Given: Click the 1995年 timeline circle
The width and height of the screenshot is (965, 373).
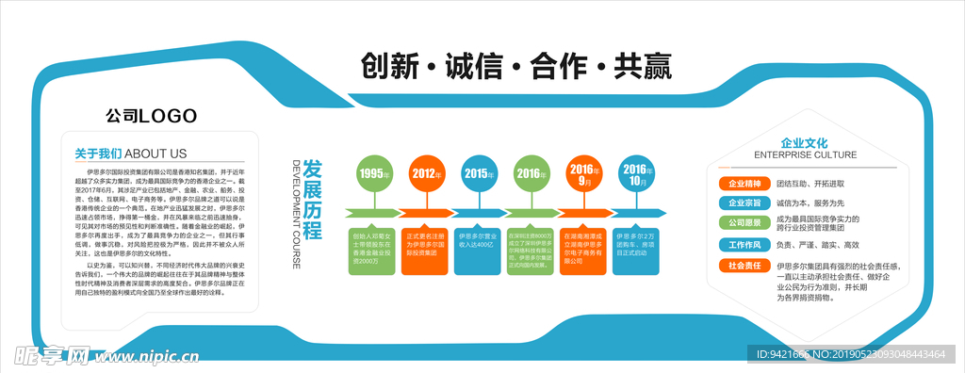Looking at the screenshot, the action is click(x=374, y=173).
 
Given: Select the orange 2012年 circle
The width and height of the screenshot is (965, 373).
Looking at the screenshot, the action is click(x=427, y=173).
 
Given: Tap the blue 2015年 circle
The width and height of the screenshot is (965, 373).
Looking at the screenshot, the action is click(x=480, y=173).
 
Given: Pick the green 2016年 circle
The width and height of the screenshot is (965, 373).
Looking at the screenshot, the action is click(x=532, y=173).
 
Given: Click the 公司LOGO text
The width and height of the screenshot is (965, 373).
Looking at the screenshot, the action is click(x=151, y=116).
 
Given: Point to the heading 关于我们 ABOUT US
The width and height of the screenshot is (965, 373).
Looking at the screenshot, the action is click(x=131, y=154).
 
